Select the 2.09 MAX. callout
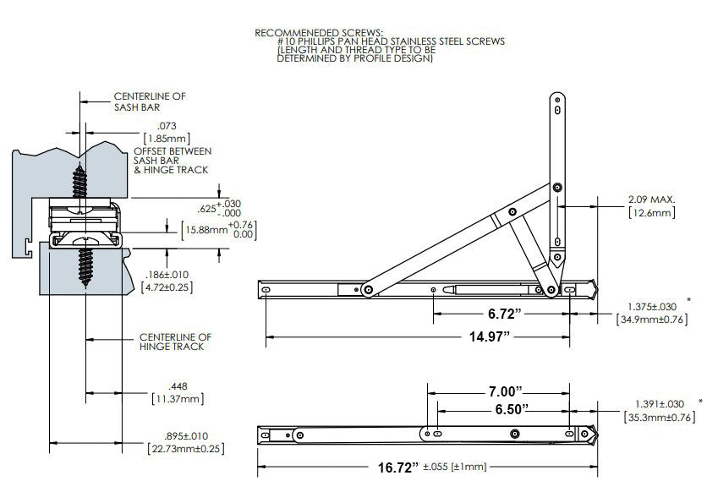[x=650, y=200]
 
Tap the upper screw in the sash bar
[x=81, y=179]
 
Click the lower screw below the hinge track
[x=86, y=265]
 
